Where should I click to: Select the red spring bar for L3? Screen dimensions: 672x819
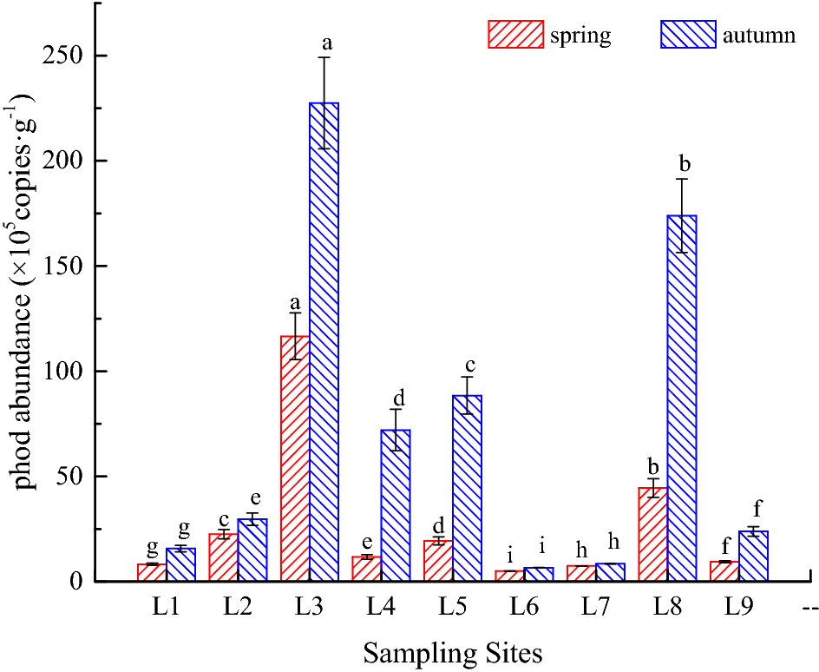tap(295, 460)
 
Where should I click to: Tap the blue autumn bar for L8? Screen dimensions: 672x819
tap(682, 399)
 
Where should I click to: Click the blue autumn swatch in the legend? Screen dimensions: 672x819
tap(689, 35)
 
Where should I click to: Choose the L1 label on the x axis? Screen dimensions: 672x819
tap(166, 608)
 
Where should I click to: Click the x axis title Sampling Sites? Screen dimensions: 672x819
tap(452, 652)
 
